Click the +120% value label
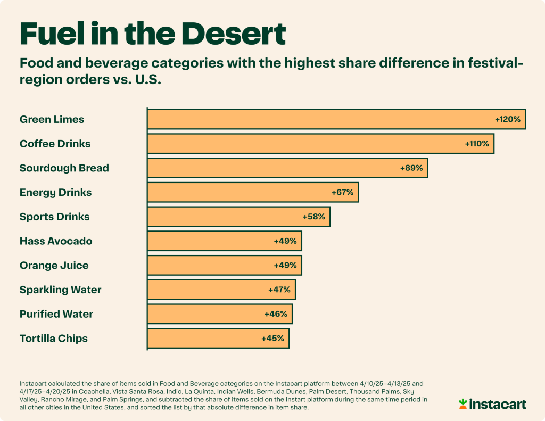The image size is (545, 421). pos(507,119)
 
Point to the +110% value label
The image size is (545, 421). pos(477,144)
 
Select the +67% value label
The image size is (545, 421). pos(342,192)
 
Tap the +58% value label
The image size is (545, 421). pos(313,217)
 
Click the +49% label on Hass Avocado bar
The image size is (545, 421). pos(285,241)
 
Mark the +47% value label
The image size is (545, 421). pos(279,290)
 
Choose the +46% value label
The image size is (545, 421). pos(276,314)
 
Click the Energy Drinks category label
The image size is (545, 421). pos(55,192)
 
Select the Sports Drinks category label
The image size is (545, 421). pos(54,217)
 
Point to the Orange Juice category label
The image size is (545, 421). pos(54,265)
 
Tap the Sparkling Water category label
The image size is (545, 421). pos(60,290)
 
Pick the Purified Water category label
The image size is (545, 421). pos(56,314)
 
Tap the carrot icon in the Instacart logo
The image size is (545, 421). pos(463,403)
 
